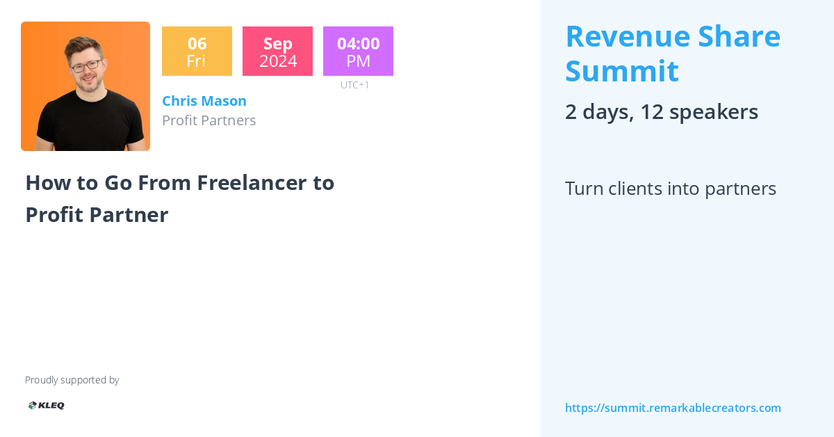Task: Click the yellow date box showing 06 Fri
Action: pyautogui.click(x=197, y=51)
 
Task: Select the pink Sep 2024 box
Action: pyautogui.click(x=277, y=51)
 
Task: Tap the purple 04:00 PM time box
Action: pyautogui.click(x=358, y=51)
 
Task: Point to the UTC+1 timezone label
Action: pyautogui.click(x=354, y=85)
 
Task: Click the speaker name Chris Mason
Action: pyautogui.click(x=204, y=101)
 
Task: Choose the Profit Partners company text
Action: pyautogui.click(x=208, y=120)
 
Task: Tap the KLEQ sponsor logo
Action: pyautogui.click(x=46, y=405)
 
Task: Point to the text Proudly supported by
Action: pyautogui.click(x=72, y=380)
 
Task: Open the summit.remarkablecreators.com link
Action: pyautogui.click(x=673, y=408)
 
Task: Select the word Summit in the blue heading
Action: pyautogui.click(x=622, y=71)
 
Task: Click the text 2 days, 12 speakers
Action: pyautogui.click(x=661, y=111)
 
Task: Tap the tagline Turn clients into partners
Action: pyautogui.click(x=670, y=189)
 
